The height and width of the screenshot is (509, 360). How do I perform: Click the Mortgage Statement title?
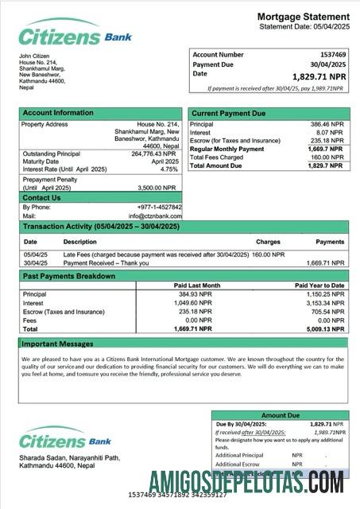click(303, 17)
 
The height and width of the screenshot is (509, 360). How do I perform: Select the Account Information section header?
click(58, 113)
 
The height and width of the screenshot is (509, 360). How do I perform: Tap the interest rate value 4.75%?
click(168, 169)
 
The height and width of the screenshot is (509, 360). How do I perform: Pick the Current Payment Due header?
click(229, 114)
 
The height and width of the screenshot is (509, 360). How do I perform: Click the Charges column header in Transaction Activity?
click(268, 241)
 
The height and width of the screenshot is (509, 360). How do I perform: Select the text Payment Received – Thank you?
click(106, 262)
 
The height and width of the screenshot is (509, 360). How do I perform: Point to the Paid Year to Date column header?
click(319, 285)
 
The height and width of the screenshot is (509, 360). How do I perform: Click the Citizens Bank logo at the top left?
click(75, 36)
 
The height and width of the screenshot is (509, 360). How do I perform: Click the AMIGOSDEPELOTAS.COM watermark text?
click(246, 481)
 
